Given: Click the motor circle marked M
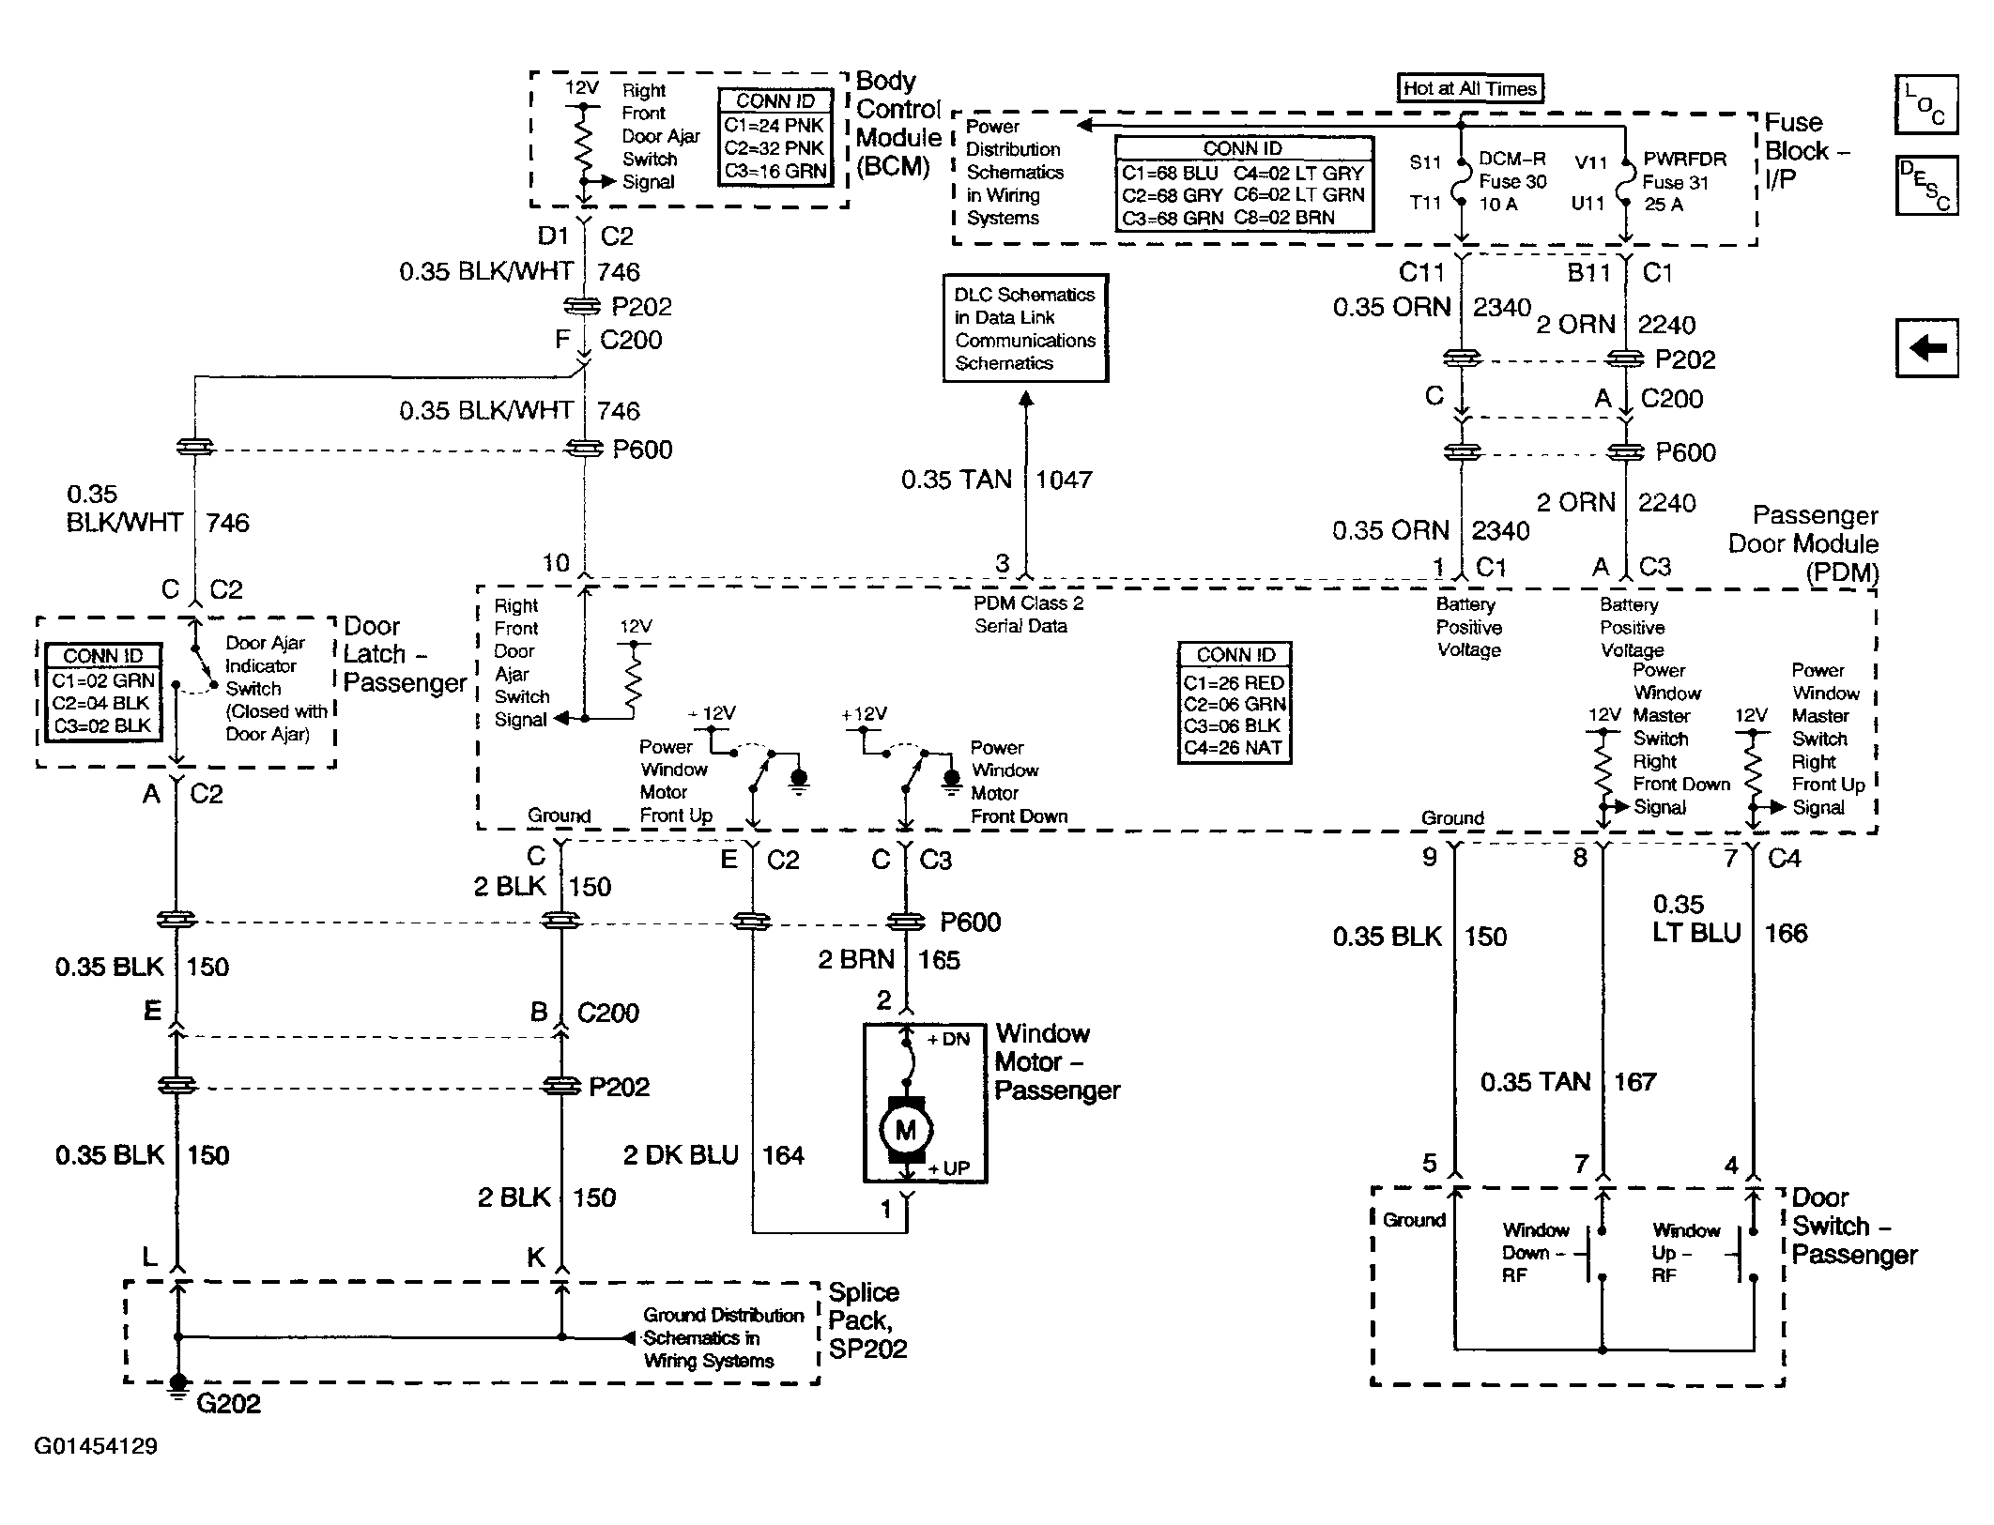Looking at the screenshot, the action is pyautogui.click(x=905, y=1130).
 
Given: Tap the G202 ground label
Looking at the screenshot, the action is pyautogui.click(x=228, y=1404).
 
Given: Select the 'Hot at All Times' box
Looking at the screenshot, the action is pyautogui.click(x=1470, y=88).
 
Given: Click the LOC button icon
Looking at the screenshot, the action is pyautogui.click(x=1926, y=104).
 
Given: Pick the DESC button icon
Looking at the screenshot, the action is pyautogui.click(x=1926, y=185).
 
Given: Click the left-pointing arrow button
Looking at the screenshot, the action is pyautogui.click(x=1926, y=348).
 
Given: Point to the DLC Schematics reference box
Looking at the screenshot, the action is pyautogui.click(x=1025, y=328).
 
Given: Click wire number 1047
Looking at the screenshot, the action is pyautogui.click(x=1064, y=480).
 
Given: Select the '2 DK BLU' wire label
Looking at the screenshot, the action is pyautogui.click(x=681, y=1155).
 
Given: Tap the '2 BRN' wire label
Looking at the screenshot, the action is pyautogui.click(x=855, y=960).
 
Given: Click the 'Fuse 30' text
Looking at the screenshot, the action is pyautogui.click(x=1512, y=182).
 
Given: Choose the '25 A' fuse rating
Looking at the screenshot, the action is pyautogui.click(x=1664, y=205).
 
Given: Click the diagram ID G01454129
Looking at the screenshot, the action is pyautogui.click(x=96, y=1446).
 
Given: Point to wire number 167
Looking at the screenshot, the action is pyautogui.click(x=1634, y=1083).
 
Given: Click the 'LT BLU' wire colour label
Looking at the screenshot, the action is pyautogui.click(x=1696, y=934).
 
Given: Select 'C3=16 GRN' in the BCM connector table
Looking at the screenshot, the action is pyautogui.click(x=775, y=171).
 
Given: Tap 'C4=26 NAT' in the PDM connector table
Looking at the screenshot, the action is pyautogui.click(x=1234, y=749).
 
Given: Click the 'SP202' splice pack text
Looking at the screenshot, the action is pyautogui.click(x=867, y=1350).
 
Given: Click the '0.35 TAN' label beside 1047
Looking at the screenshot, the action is pyautogui.click(x=956, y=480).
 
